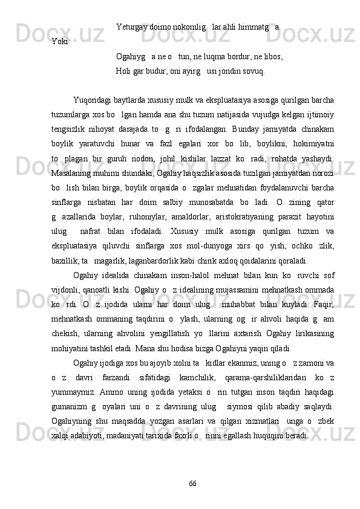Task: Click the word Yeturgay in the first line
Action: pyautogui.click(x=132, y=27)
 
